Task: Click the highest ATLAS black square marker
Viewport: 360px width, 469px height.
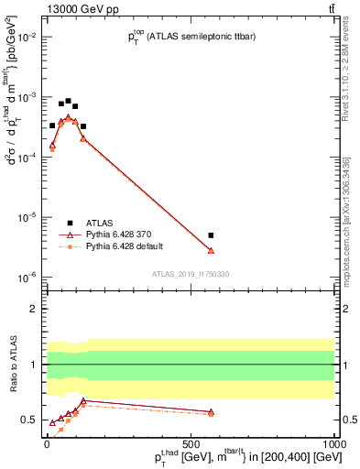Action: click(68, 101)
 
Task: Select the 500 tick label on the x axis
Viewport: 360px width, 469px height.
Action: click(191, 441)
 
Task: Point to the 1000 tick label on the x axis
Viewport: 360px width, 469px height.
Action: click(333, 441)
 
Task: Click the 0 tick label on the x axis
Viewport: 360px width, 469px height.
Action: click(47, 441)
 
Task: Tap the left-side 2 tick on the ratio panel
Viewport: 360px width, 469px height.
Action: click(35, 309)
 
